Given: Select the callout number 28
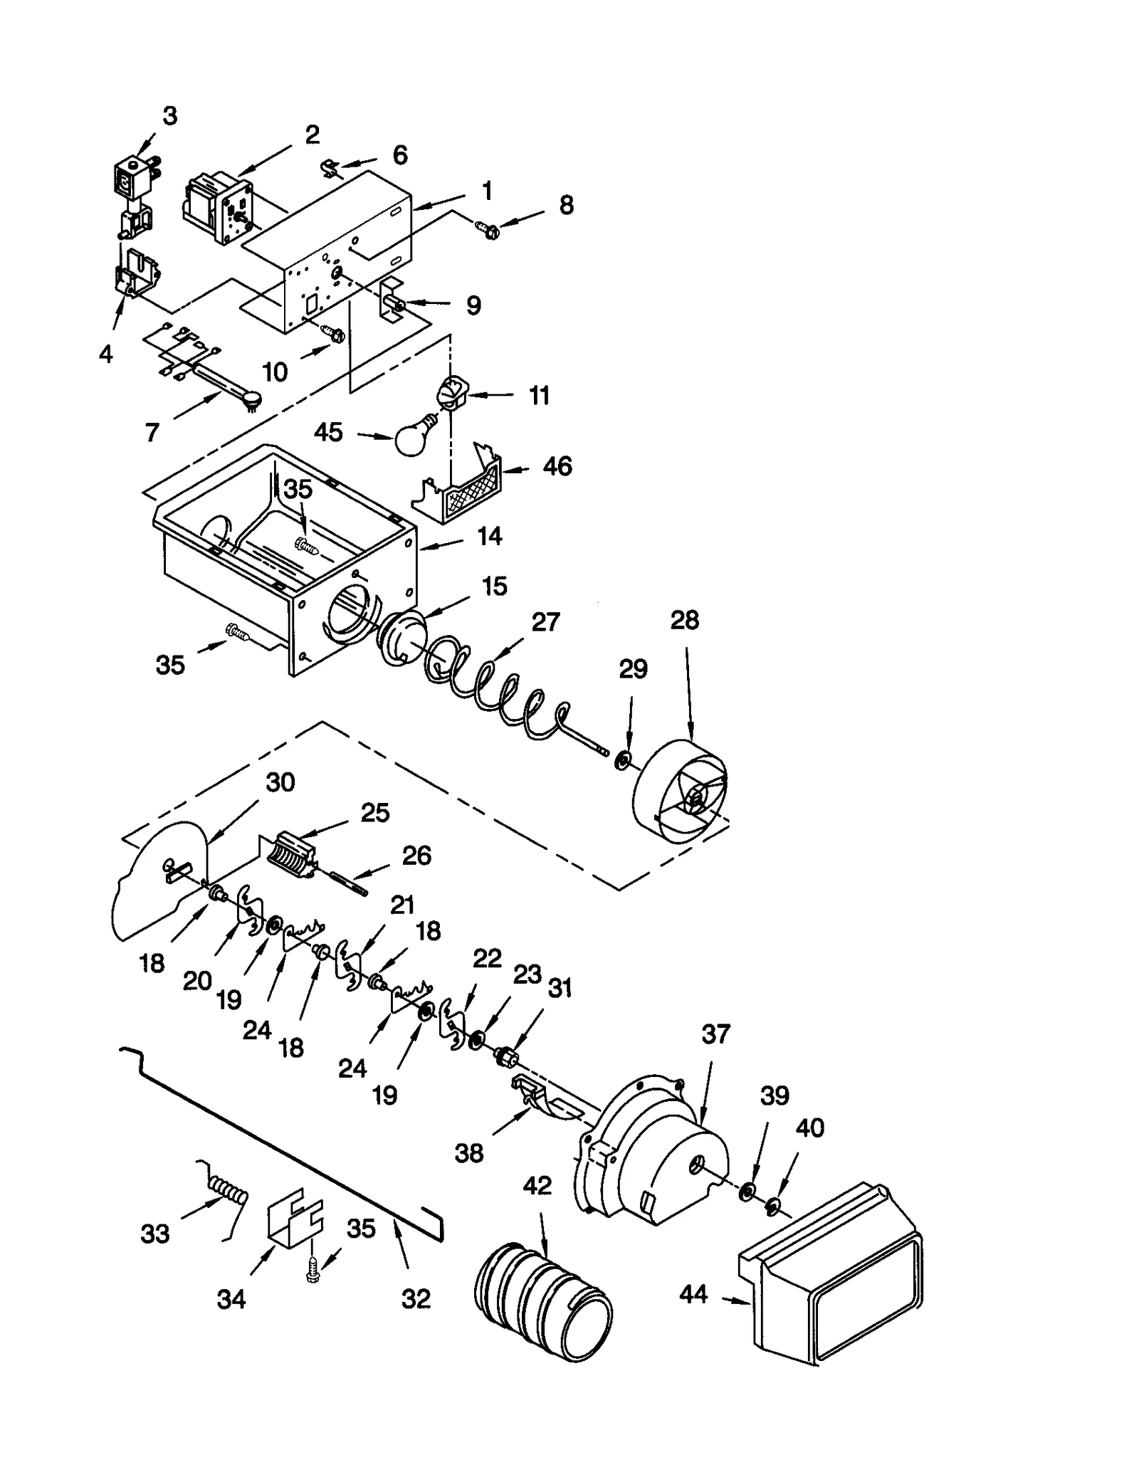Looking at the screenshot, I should pos(684,620).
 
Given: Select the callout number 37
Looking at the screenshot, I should pos(715,1034).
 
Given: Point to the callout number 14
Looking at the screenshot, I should pos(489,536).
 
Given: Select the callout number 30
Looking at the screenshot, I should pos(280,782).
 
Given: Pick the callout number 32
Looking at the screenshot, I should pos(416,1299).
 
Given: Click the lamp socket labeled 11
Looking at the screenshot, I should pos(451,391).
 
